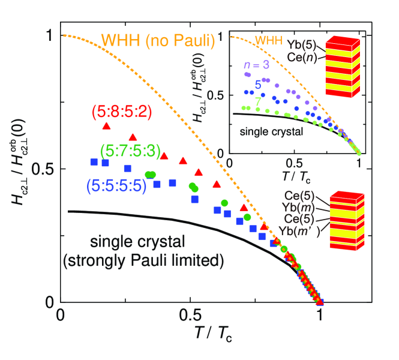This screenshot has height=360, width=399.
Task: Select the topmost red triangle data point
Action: (x=106, y=126)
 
